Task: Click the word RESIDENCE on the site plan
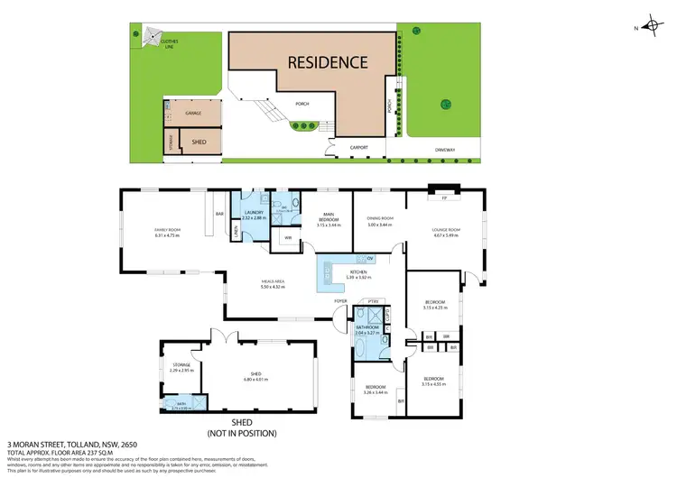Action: [328, 62]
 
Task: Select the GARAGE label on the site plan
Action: [193, 114]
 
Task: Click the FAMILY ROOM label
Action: [168, 231]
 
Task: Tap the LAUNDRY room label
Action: [253, 213]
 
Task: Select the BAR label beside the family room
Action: [219, 214]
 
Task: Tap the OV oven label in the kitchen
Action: [369, 259]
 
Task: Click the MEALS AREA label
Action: [272, 282]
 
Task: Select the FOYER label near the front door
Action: [340, 300]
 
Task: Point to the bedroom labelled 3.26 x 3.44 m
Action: [375, 393]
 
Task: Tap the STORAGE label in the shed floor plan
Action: [181, 365]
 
